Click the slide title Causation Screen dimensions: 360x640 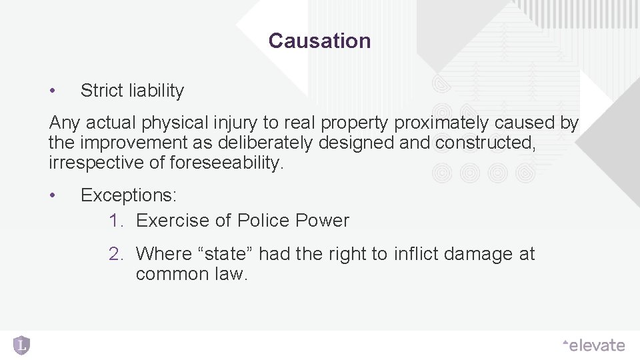(319, 41)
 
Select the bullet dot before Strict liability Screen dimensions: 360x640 (53, 91)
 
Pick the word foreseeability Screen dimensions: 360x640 (227, 163)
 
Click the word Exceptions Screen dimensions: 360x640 (128, 195)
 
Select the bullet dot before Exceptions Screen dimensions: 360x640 (53, 195)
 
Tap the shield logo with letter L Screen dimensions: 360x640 (21, 345)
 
